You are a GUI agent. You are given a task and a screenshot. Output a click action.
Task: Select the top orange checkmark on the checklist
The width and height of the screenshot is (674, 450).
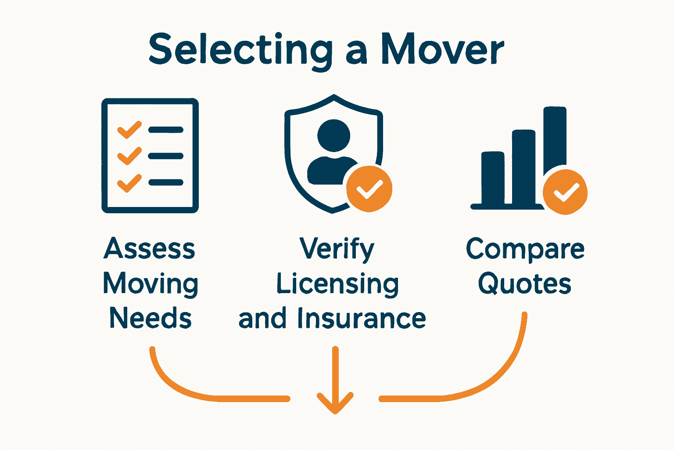(x=129, y=130)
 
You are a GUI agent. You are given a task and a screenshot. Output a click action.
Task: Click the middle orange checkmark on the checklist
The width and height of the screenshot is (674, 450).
(x=129, y=156)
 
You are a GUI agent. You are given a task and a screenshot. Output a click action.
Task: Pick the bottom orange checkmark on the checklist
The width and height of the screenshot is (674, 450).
(x=129, y=183)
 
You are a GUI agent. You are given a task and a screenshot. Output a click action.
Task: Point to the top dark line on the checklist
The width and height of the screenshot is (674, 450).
(x=166, y=130)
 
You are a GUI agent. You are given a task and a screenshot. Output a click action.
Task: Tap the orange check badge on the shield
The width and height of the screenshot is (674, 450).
(x=369, y=189)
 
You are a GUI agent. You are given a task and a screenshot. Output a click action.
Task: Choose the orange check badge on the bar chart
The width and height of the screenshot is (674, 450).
(x=565, y=192)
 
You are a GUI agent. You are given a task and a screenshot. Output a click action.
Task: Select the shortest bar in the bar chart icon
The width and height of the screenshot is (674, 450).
(x=493, y=178)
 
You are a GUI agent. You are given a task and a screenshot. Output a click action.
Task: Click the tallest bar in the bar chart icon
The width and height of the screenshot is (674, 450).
(x=555, y=141)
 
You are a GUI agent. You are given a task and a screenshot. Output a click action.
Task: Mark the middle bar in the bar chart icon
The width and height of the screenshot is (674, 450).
(x=524, y=167)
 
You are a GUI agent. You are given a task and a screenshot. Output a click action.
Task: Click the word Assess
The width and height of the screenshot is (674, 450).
(x=150, y=249)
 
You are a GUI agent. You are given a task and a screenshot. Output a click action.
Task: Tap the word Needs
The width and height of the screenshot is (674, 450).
(x=151, y=318)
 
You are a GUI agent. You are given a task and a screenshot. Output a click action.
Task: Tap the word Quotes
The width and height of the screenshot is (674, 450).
(x=525, y=284)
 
